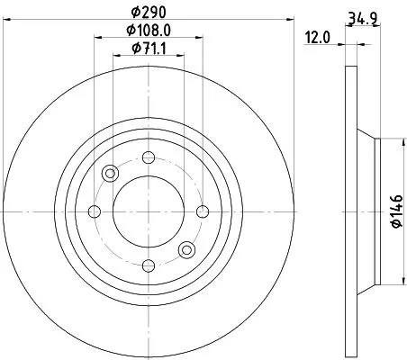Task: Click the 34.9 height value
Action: (360, 15)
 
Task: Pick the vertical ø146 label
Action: (393, 212)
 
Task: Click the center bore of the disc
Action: (148, 212)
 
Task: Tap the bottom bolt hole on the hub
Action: (148, 265)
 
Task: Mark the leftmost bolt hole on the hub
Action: (95, 212)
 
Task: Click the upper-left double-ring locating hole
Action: (111, 175)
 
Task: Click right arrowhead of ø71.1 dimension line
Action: (181, 56)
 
